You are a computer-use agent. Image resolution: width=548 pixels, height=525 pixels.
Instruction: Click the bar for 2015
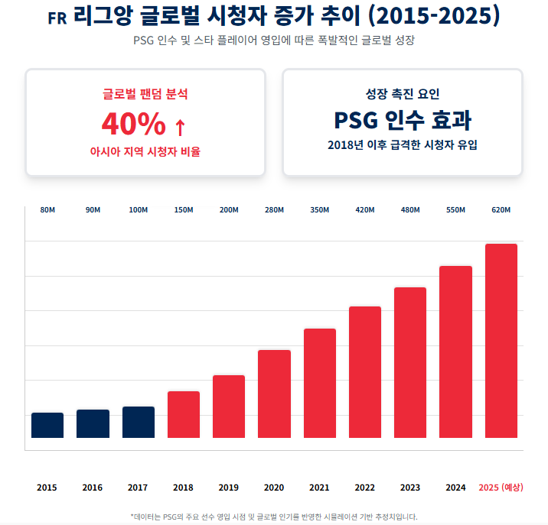47,426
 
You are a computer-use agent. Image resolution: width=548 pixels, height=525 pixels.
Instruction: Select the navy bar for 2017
139,423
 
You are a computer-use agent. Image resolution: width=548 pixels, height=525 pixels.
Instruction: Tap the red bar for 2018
184,415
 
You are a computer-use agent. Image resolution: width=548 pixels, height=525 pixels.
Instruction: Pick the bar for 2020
274,394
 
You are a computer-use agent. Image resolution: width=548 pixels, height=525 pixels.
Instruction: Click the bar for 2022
365,372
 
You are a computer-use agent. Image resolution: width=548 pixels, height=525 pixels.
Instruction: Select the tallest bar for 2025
501,341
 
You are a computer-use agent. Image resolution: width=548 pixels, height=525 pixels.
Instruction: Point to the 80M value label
47,210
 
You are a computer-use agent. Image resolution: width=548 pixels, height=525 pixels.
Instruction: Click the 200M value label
229,210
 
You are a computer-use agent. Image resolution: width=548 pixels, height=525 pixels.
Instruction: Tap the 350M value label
320,210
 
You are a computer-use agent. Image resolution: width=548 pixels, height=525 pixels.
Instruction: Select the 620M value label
501,210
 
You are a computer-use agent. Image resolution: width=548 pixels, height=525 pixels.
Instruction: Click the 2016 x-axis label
93,488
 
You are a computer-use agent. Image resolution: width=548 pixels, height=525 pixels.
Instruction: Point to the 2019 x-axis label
229,488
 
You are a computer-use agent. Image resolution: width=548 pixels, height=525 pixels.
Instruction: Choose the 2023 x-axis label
410,488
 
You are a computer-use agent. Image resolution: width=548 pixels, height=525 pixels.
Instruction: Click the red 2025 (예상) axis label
501,488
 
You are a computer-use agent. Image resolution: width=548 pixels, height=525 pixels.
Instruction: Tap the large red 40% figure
134,123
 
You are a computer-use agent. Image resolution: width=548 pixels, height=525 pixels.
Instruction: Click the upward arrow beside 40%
180,125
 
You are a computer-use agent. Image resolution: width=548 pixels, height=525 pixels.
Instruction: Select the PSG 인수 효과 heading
403,120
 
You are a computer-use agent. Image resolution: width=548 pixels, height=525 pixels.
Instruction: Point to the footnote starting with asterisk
274,517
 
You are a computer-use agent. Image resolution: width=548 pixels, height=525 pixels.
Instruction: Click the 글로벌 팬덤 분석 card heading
145,94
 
